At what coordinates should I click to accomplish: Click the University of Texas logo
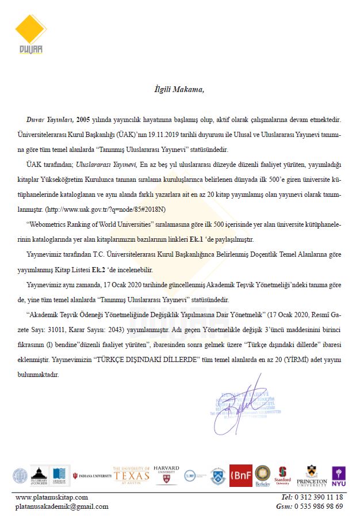(132, 475)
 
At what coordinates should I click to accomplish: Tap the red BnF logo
(240, 475)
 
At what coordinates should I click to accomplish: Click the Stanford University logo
(282, 476)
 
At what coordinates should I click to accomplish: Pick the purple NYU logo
(339, 475)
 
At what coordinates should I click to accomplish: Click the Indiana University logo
(92, 476)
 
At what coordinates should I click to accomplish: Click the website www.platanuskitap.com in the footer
(52, 497)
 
